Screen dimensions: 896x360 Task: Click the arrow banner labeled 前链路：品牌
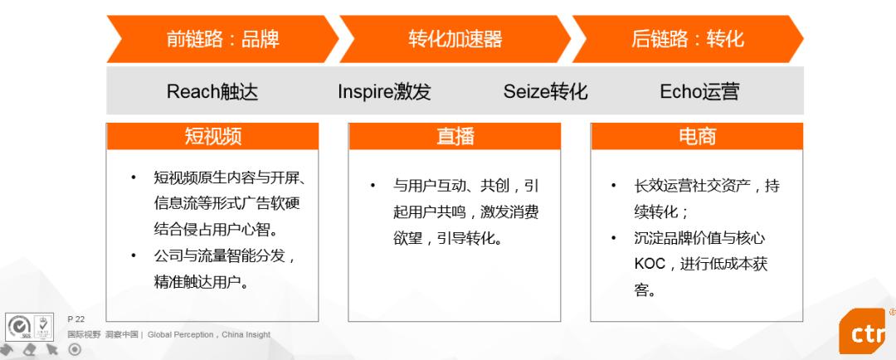pyautogui.click(x=223, y=39)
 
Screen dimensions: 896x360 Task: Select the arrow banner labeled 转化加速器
pyautogui.click(x=455, y=39)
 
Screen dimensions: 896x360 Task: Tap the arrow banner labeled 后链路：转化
pyautogui.click(x=688, y=39)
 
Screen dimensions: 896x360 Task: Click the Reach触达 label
pyautogui.click(x=212, y=91)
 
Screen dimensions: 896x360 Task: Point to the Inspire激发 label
pyautogui.click(x=384, y=91)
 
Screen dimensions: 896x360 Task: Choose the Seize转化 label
pyautogui.click(x=545, y=91)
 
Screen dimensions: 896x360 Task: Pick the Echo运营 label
pyautogui.click(x=699, y=91)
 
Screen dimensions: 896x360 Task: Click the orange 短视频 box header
pyautogui.click(x=212, y=137)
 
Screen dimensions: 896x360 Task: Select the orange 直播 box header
pyautogui.click(x=455, y=137)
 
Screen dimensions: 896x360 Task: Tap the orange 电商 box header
pyautogui.click(x=697, y=137)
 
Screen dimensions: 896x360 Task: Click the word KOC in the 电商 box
pyautogui.click(x=650, y=264)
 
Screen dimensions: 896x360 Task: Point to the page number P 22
pyautogui.click(x=75, y=319)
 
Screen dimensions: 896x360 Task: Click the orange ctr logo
pyautogui.click(x=864, y=332)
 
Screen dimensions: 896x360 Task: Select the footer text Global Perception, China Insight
pyautogui.click(x=209, y=335)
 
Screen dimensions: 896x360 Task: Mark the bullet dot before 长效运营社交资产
pyautogui.click(x=613, y=186)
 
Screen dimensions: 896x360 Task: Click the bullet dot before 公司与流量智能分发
pyautogui.click(x=133, y=255)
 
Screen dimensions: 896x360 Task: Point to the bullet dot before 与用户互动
pyautogui.click(x=373, y=186)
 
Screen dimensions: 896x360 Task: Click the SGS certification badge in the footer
pyautogui.click(x=18, y=328)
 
